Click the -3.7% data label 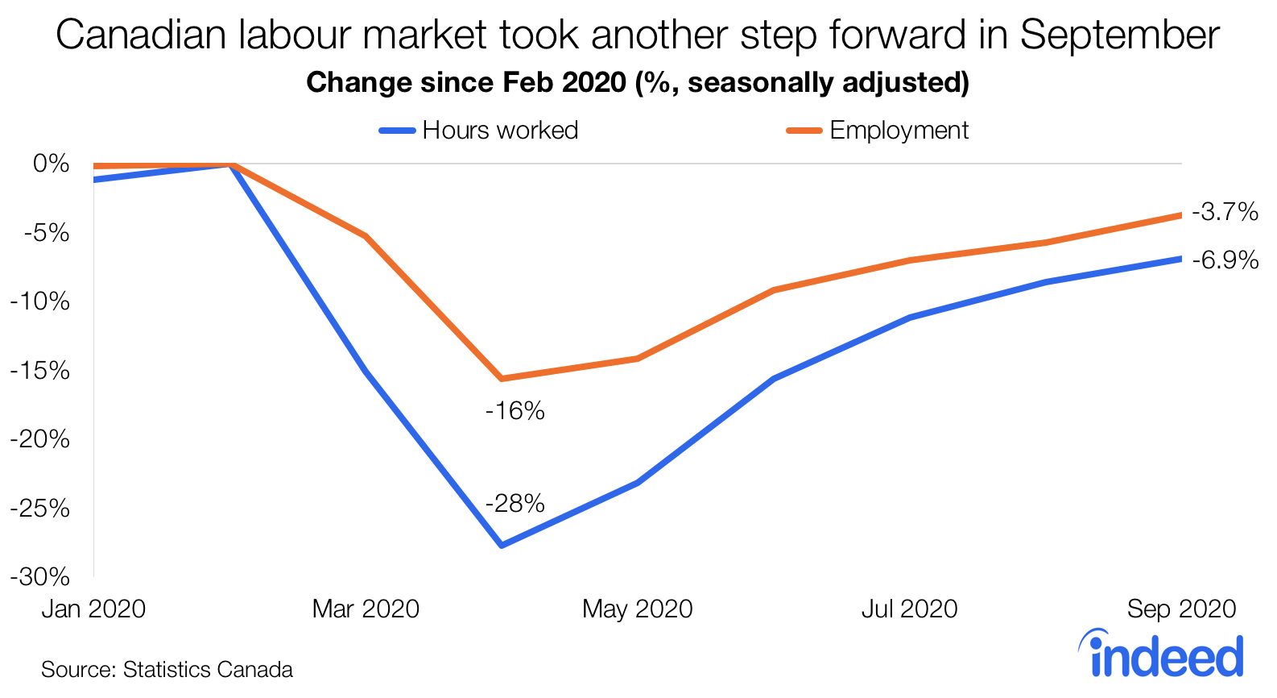tap(1225, 212)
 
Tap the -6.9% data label tap(1225, 260)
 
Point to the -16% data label tap(515, 411)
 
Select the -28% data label tap(515, 504)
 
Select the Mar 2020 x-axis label tap(366, 609)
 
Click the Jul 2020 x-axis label tap(910, 609)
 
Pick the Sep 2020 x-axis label tap(1181, 609)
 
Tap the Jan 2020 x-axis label tap(94, 609)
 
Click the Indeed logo tap(1162, 654)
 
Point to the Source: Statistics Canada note tap(167, 670)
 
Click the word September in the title tap(1120, 35)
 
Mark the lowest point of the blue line tap(502, 546)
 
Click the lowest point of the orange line tap(502, 378)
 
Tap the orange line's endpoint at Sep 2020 tap(1180, 215)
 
